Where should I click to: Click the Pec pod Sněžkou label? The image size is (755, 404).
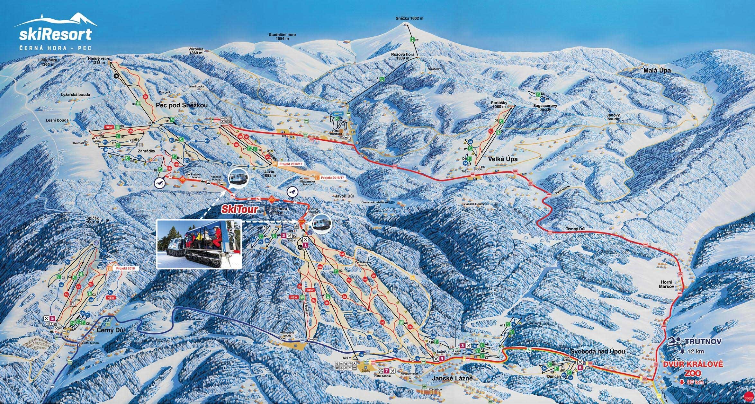pyautogui.click(x=182, y=105)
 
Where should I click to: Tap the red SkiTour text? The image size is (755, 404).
pyautogui.click(x=239, y=210)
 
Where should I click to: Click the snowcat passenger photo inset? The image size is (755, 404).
pyautogui.click(x=198, y=244)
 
